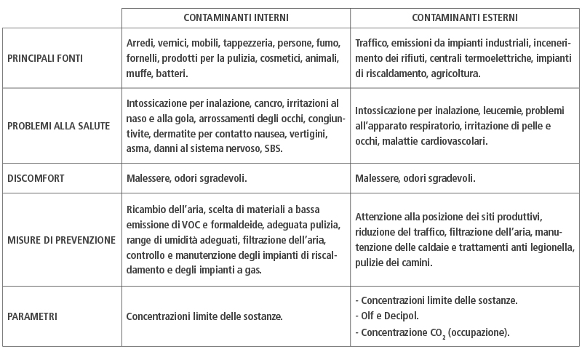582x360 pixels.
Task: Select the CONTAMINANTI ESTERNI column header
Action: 466,17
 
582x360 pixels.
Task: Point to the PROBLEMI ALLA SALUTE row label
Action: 58,126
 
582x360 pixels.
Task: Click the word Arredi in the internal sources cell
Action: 140,44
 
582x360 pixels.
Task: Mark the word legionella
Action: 551,249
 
